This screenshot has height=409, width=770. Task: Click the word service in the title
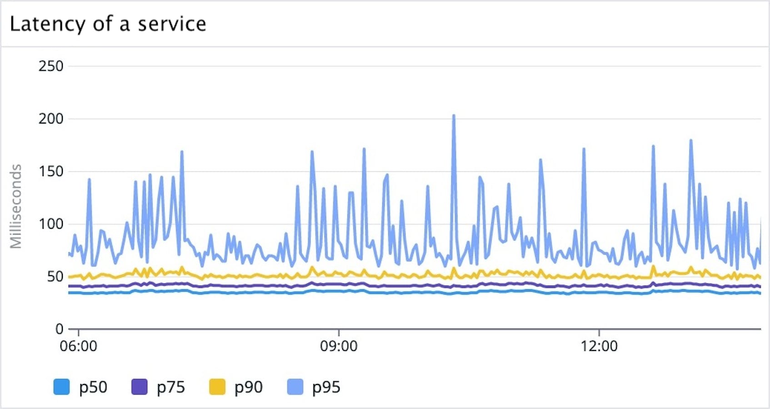coord(172,24)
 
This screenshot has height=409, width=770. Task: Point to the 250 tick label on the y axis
coord(50,66)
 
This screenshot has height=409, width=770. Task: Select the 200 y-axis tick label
coord(50,119)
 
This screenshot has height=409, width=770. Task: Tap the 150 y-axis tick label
coord(50,172)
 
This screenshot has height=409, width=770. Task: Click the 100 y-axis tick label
coord(50,224)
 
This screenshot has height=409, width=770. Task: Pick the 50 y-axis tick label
coord(55,276)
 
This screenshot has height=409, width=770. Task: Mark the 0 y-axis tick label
coord(59,329)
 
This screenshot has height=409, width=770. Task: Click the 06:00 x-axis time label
coord(78,346)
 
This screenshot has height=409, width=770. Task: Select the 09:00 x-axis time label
coord(339,346)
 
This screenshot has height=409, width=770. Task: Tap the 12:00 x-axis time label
coord(599,346)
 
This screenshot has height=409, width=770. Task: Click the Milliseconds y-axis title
coord(16,207)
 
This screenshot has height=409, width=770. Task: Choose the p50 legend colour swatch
coord(61,387)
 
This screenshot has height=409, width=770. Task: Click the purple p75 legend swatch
coord(139,387)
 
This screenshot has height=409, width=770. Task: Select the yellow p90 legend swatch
coord(217,387)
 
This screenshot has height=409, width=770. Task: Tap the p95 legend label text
coord(326,387)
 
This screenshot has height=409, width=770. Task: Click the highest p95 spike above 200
coord(454,116)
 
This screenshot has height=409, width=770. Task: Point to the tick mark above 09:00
coord(339,332)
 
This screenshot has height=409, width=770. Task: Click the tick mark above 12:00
coord(599,332)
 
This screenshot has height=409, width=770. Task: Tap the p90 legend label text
coord(248,387)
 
